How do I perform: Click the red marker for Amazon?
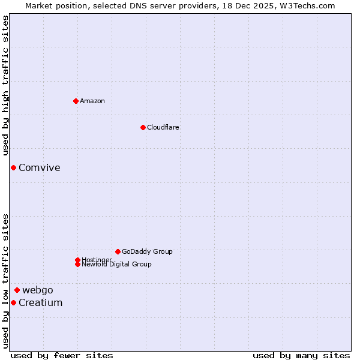click(76, 101)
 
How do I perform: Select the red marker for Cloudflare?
click(143, 127)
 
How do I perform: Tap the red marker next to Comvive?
click(13, 167)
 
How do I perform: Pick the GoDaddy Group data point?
click(118, 251)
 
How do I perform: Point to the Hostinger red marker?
click(77, 260)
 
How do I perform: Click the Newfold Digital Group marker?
click(77, 264)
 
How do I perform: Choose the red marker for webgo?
click(17, 290)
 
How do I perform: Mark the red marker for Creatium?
click(13, 302)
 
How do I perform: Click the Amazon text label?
click(92, 101)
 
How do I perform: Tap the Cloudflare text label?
click(163, 127)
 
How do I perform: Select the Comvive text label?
click(40, 167)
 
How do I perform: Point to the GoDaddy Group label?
click(147, 251)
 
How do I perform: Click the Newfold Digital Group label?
click(117, 265)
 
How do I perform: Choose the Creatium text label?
click(41, 302)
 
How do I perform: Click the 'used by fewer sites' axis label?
click(62, 355)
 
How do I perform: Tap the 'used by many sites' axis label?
click(301, 355)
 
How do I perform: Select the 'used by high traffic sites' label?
click(6, 86)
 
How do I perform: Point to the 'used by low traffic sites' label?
click(6, 281)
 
